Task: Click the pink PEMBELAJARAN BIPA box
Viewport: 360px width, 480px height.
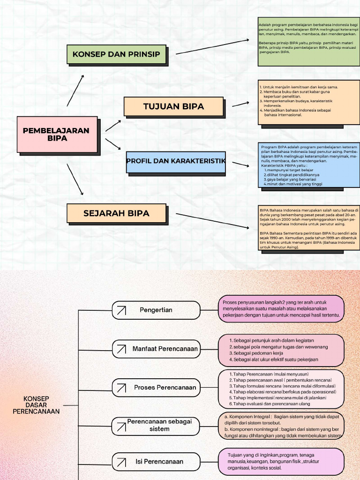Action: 56,135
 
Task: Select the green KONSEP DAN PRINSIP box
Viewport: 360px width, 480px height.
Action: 116,54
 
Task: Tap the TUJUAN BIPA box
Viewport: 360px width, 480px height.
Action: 173,106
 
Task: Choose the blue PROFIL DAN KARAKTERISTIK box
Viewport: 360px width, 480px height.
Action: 176,161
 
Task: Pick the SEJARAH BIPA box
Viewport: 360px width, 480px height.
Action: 116,213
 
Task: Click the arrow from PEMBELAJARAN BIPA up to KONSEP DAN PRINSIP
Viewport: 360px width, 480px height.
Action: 75,90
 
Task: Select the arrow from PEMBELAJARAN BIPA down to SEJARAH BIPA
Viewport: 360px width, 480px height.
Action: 75,179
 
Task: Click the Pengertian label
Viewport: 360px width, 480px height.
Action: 156,310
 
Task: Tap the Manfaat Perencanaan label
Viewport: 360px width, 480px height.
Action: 165,349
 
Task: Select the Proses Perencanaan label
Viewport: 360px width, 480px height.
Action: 165,388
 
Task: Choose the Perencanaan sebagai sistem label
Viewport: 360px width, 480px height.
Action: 160,425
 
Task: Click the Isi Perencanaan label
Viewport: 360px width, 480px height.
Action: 159,462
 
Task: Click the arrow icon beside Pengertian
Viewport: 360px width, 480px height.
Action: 121,310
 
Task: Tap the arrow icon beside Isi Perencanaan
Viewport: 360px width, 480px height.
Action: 121,462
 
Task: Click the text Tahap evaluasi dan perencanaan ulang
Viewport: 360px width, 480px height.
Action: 271,404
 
